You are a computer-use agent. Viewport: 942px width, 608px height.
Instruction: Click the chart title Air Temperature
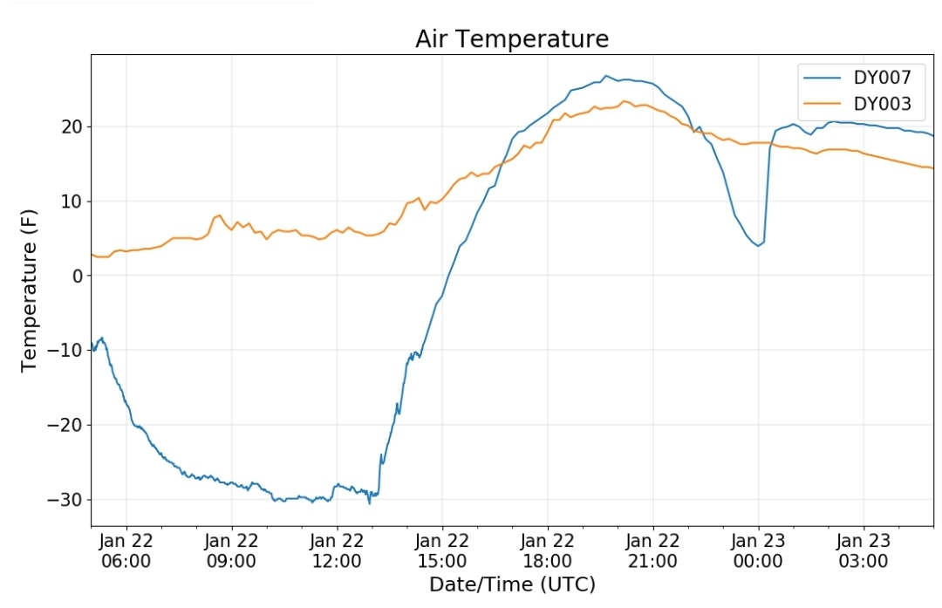coord(511,39)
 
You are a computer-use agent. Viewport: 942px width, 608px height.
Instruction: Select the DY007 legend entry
coord(882,78)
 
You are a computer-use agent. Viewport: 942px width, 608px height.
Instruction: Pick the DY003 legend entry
coord(882,105)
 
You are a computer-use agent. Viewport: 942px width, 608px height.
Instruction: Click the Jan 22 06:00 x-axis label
coord(126,550)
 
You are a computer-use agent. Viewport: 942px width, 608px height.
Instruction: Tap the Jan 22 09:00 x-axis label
coord(232,550)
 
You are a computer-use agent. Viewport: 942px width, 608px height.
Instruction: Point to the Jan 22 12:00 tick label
coord(337,550)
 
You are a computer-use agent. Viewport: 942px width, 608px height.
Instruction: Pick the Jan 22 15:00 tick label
coord(442,550)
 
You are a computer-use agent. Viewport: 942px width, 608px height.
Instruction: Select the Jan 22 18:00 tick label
coord(548,550)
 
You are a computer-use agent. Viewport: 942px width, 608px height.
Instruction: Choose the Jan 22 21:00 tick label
coord(652,550)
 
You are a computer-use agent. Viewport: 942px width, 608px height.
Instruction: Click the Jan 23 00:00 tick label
coord(758,550)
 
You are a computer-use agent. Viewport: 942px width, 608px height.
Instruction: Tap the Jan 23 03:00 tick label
coord(863,550)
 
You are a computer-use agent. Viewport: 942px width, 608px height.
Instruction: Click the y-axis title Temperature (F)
coord(31,290)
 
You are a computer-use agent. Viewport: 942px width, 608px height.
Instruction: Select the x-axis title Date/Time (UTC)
coord(512,584)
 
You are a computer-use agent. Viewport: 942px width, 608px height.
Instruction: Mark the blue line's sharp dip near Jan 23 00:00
coord(759,245)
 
